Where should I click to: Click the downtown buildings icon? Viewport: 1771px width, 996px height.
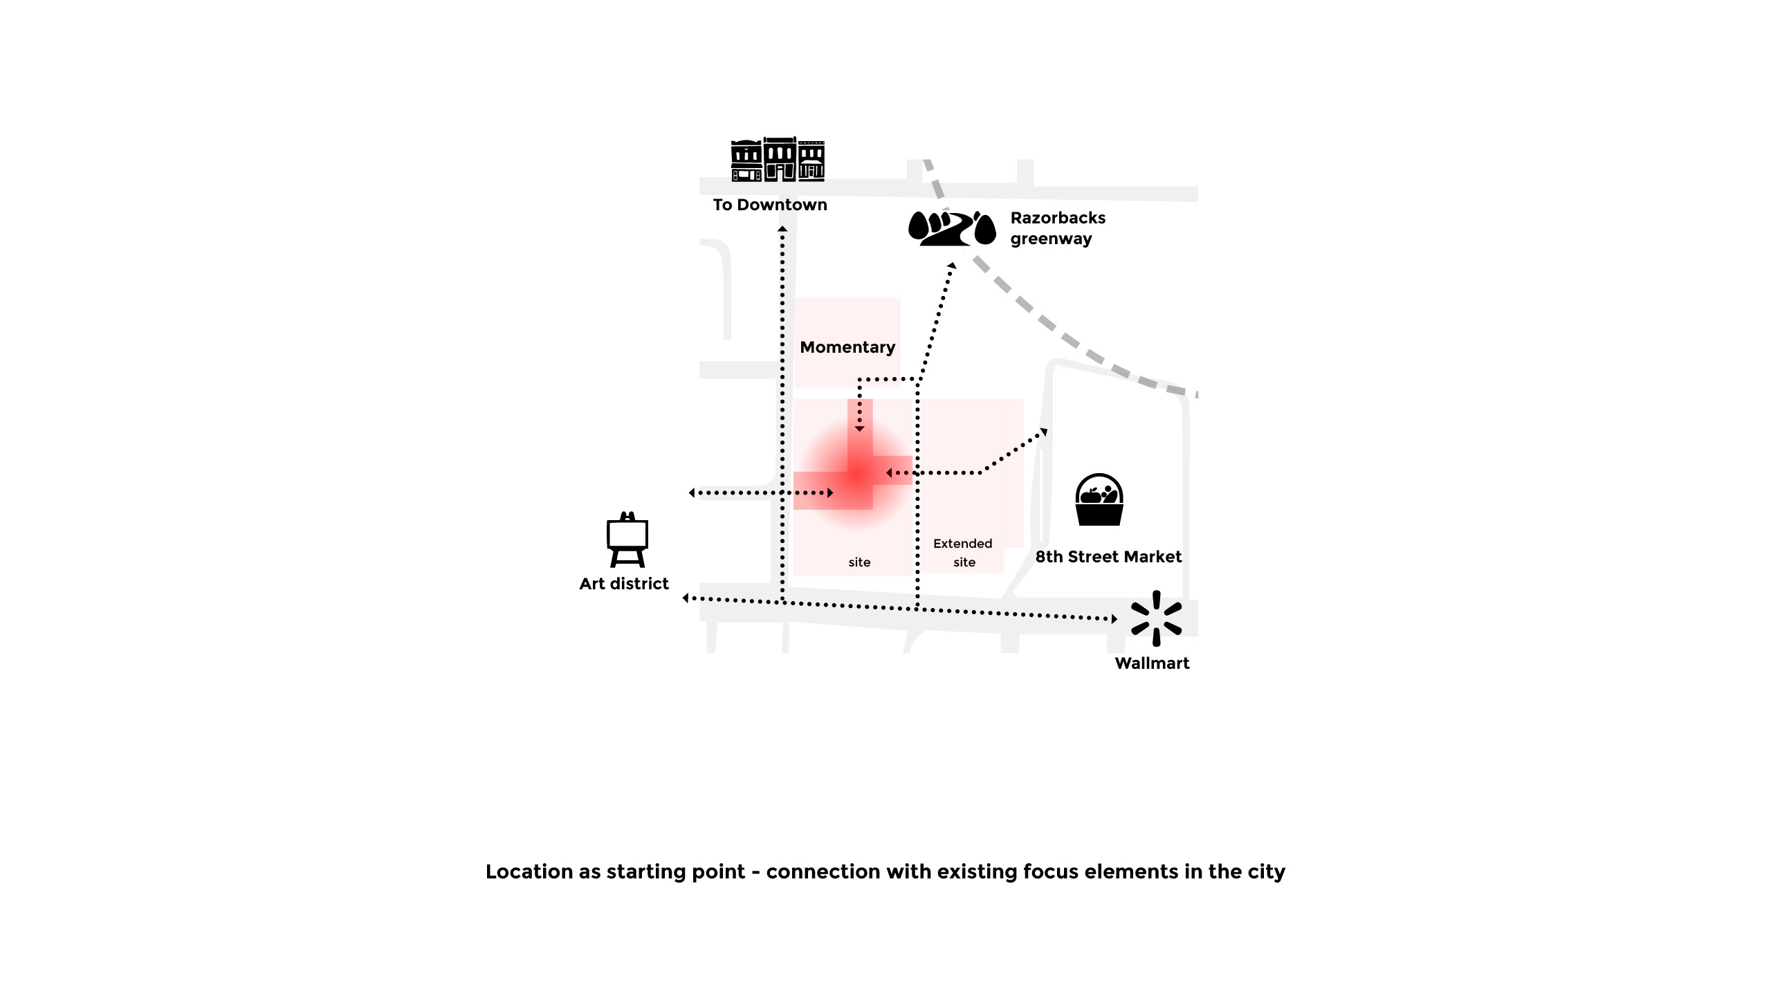tap(778, 160)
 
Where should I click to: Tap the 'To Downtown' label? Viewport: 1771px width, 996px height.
tap(770, 205)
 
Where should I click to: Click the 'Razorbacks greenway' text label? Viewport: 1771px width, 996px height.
tap(1057, 228)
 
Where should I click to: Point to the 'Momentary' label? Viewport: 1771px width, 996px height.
tap(847, 347)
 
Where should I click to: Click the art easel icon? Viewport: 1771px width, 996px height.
tap(627, 540)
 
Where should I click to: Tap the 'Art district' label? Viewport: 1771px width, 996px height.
tap(624, 584)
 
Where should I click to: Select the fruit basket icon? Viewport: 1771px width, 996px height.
tap(1099, 499)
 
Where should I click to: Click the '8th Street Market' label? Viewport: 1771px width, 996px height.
tap(1108, 557)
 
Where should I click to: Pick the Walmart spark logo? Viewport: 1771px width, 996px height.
tap(1156, 618)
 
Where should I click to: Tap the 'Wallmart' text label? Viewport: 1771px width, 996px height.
tap(1152, 663)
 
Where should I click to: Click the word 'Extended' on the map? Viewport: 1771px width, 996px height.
tap(962, 544)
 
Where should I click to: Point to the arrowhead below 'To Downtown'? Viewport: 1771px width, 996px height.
tap(782, 228)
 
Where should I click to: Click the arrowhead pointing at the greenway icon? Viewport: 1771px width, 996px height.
tap(952, 266)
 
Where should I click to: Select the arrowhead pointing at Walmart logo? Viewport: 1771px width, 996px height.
tap(1114, 619)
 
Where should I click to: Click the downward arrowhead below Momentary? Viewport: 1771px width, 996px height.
tap(859, 430)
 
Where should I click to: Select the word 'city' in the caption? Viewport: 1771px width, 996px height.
tap(1267, 871)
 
